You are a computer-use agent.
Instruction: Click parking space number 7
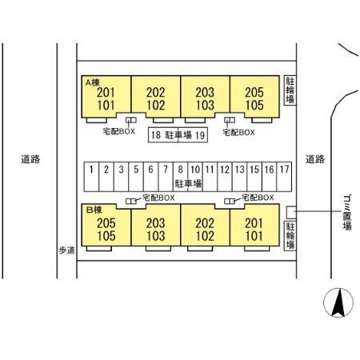pos(166,177)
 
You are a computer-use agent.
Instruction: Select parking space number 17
pos(284,177)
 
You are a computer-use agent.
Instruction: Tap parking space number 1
pos(91,177)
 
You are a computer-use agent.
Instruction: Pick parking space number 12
pos(225,177)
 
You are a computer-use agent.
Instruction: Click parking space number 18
pos(163,135)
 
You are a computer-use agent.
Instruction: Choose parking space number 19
pos(193,135)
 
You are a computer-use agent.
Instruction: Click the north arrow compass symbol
pos(338,302)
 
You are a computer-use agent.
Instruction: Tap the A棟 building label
pos(93,82)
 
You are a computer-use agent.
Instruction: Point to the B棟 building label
pos(94,210)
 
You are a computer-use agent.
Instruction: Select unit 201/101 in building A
pos(106,97)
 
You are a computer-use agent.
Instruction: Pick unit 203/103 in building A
pos(205,97)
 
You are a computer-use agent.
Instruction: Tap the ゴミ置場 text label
pos(347,212)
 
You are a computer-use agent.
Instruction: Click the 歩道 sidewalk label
pos(66,250)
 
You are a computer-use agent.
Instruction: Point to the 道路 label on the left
pos(30,159)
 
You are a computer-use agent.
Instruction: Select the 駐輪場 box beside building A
pos(290,90)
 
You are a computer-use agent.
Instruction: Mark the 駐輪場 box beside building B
pos(290,236)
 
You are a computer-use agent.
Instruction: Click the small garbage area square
pos(291,212)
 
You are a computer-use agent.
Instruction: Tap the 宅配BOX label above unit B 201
pos(258,198)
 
